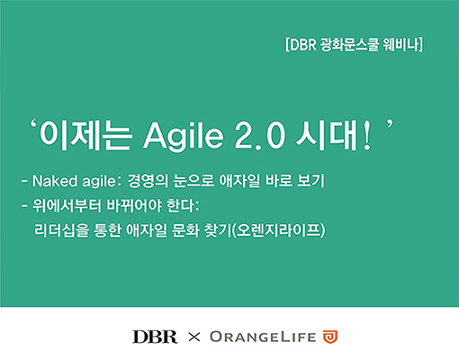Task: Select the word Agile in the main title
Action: click(x=184, y=135)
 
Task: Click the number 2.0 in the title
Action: click(x=259, y=136)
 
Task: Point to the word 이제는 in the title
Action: click(x=85, y=135)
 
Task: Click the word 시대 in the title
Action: click(x=326, y=135)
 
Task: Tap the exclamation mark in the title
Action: click(x=366, y=137)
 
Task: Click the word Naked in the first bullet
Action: click(x=55, y=181)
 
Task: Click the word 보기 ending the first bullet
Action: click(x=310, y=181)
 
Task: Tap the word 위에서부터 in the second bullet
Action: click(x=67, y=206)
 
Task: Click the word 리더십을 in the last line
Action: click(x=62, y=230)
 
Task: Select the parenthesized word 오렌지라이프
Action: click(x=279, y=230)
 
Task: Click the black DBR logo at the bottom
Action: click(x=155, y=337)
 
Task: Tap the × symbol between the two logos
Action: click(x=193, y=337)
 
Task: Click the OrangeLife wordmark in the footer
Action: click(x=263, y=337)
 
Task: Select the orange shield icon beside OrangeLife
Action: click(x=330, y=337)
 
